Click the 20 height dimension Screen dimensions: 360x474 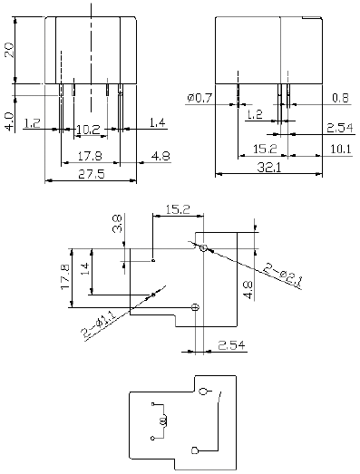9,50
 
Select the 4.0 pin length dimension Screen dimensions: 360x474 10,121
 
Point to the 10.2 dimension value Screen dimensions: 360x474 88,130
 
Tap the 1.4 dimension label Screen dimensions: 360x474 157,122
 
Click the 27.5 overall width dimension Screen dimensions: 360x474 92,174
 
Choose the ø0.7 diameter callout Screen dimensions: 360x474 200,98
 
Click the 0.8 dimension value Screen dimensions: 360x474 340,98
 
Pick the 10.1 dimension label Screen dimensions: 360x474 341,149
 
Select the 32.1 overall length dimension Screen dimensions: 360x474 269,167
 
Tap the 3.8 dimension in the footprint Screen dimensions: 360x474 117,224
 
